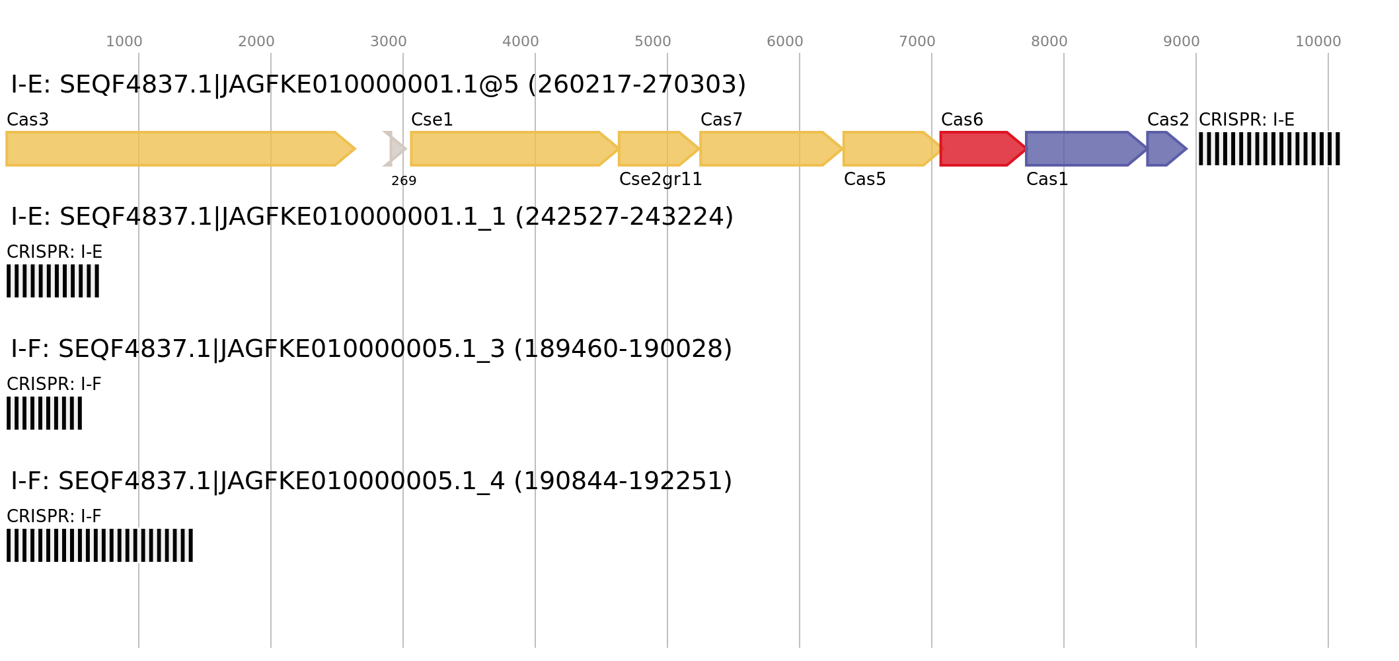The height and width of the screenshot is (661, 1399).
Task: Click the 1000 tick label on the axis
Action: tap(124, 42)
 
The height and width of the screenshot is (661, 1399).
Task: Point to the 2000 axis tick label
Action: tap(256, 42)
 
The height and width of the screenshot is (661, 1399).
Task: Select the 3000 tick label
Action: tap(388, 42)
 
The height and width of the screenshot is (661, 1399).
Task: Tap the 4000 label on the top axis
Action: tap(520, 42)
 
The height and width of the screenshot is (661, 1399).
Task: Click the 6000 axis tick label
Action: tap(784, 42)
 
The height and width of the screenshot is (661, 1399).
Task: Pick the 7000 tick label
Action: tap(917, 42)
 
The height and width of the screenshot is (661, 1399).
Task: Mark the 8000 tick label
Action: tap(1049, 42)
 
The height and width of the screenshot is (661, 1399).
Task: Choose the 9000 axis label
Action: tap(1181, 42)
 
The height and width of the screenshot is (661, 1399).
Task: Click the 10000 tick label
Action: tap(1318, 42)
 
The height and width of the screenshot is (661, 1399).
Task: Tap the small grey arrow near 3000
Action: tap(395, 149)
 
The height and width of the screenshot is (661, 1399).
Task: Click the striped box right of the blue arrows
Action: tap(1269, 149)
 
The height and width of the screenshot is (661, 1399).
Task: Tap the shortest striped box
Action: tap(44, 413)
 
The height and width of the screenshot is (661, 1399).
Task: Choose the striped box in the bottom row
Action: tap(100, 545)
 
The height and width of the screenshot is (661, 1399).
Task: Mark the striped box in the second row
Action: tap(53, 281)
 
